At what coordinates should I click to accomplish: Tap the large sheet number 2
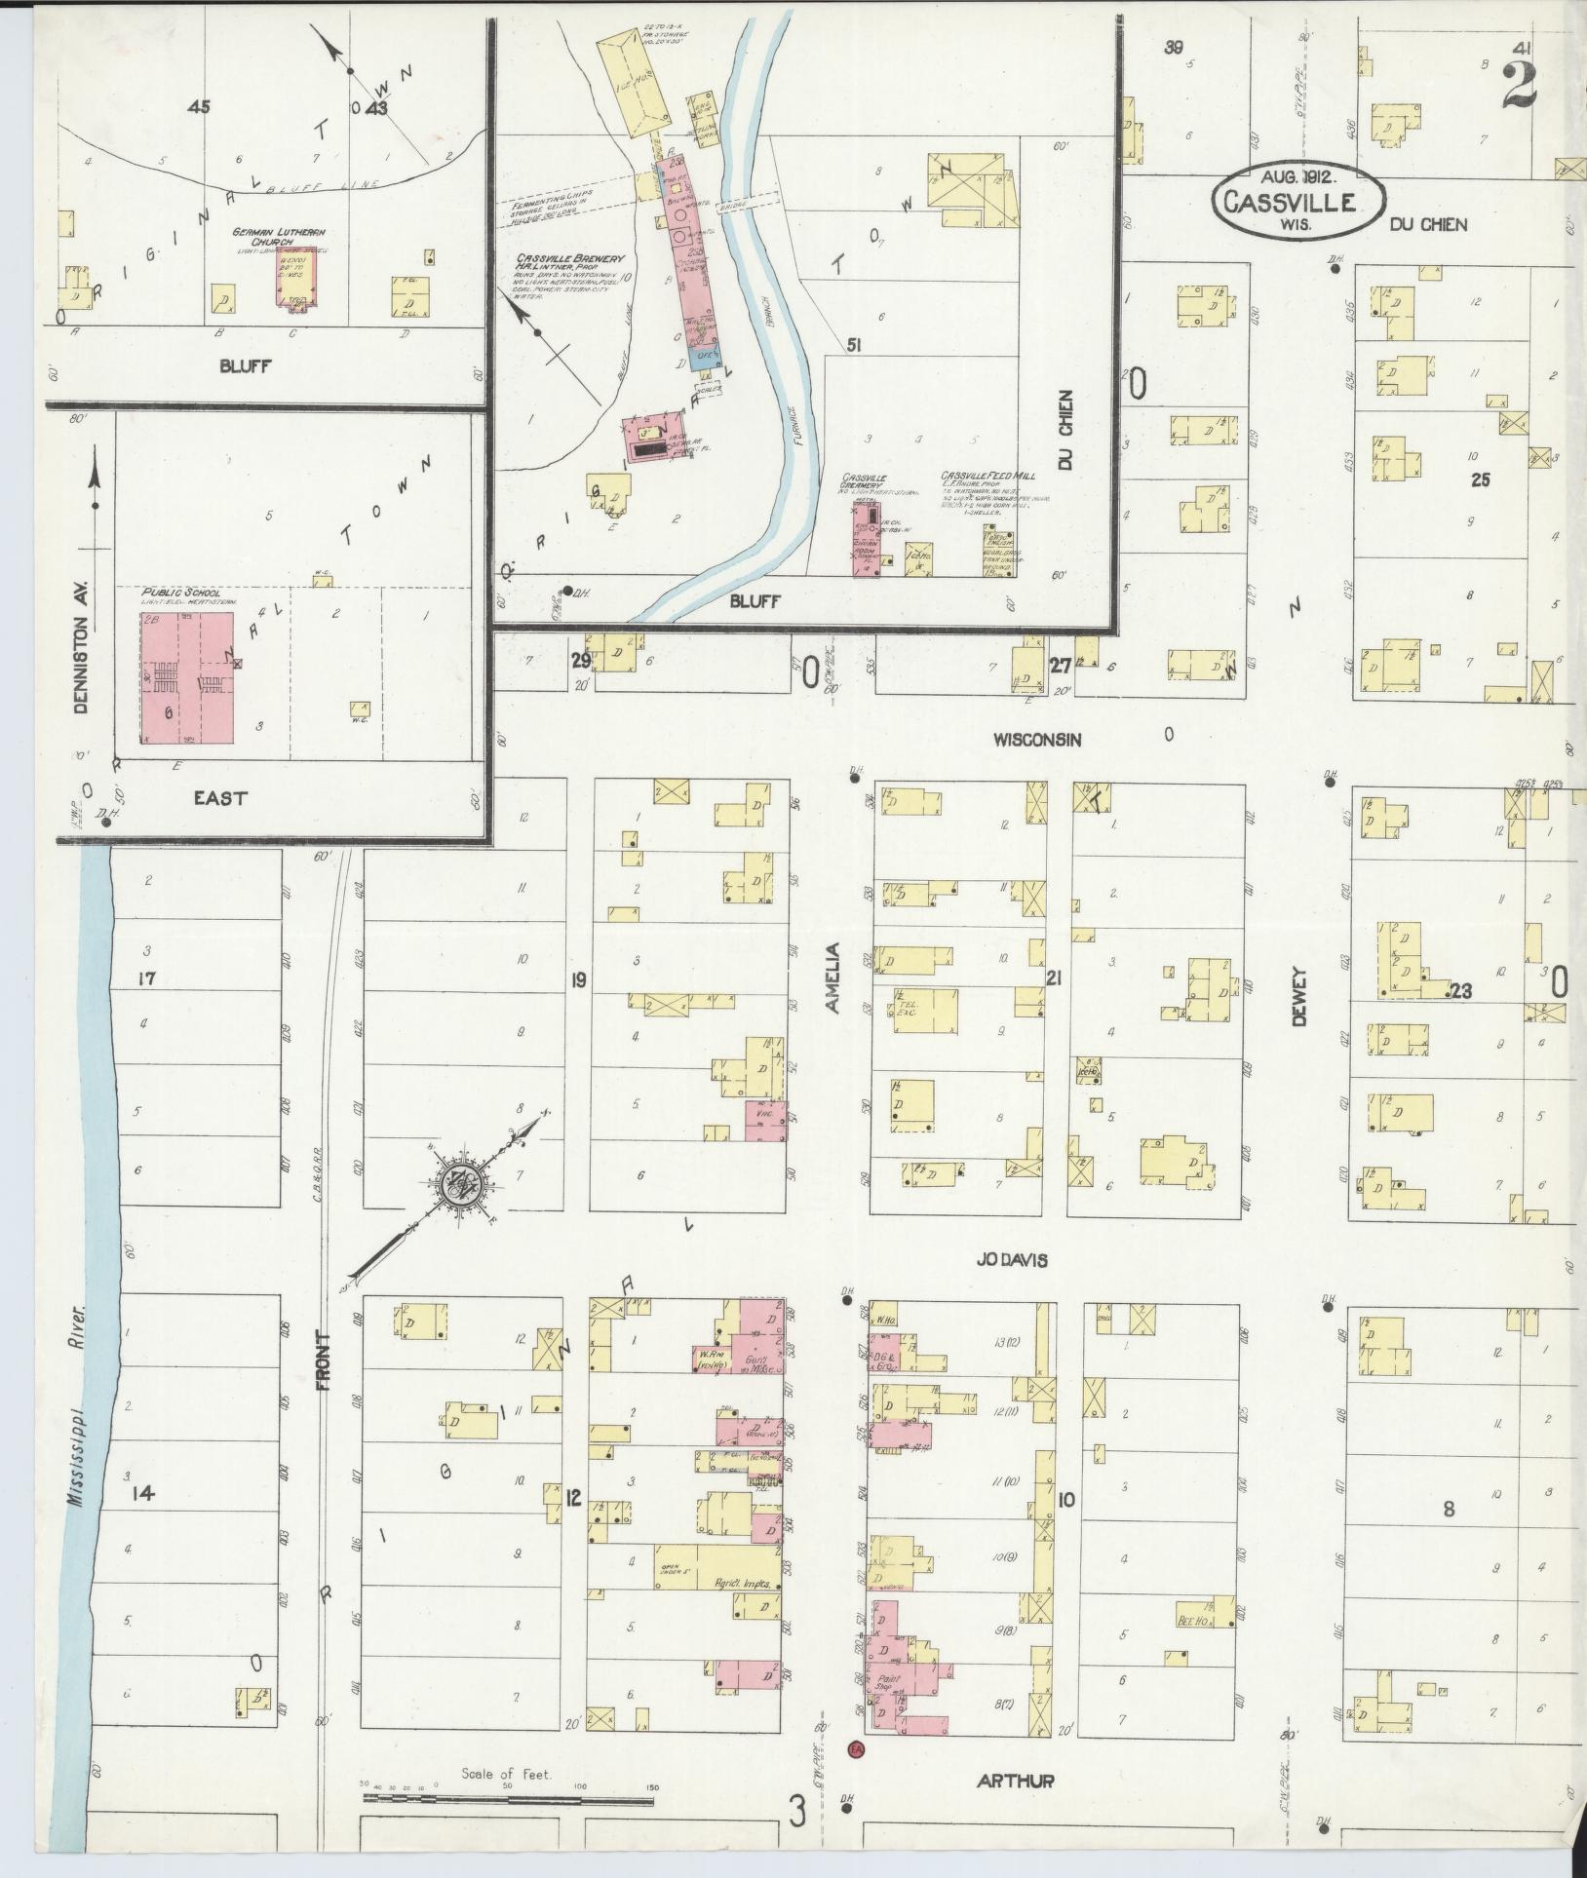pyautogui.click(x=1520, y=86)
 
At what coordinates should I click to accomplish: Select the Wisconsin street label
pyautogui.click(x=1037, y=740)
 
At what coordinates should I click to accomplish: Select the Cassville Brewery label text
pyautogui.click(x=570, y=261)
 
